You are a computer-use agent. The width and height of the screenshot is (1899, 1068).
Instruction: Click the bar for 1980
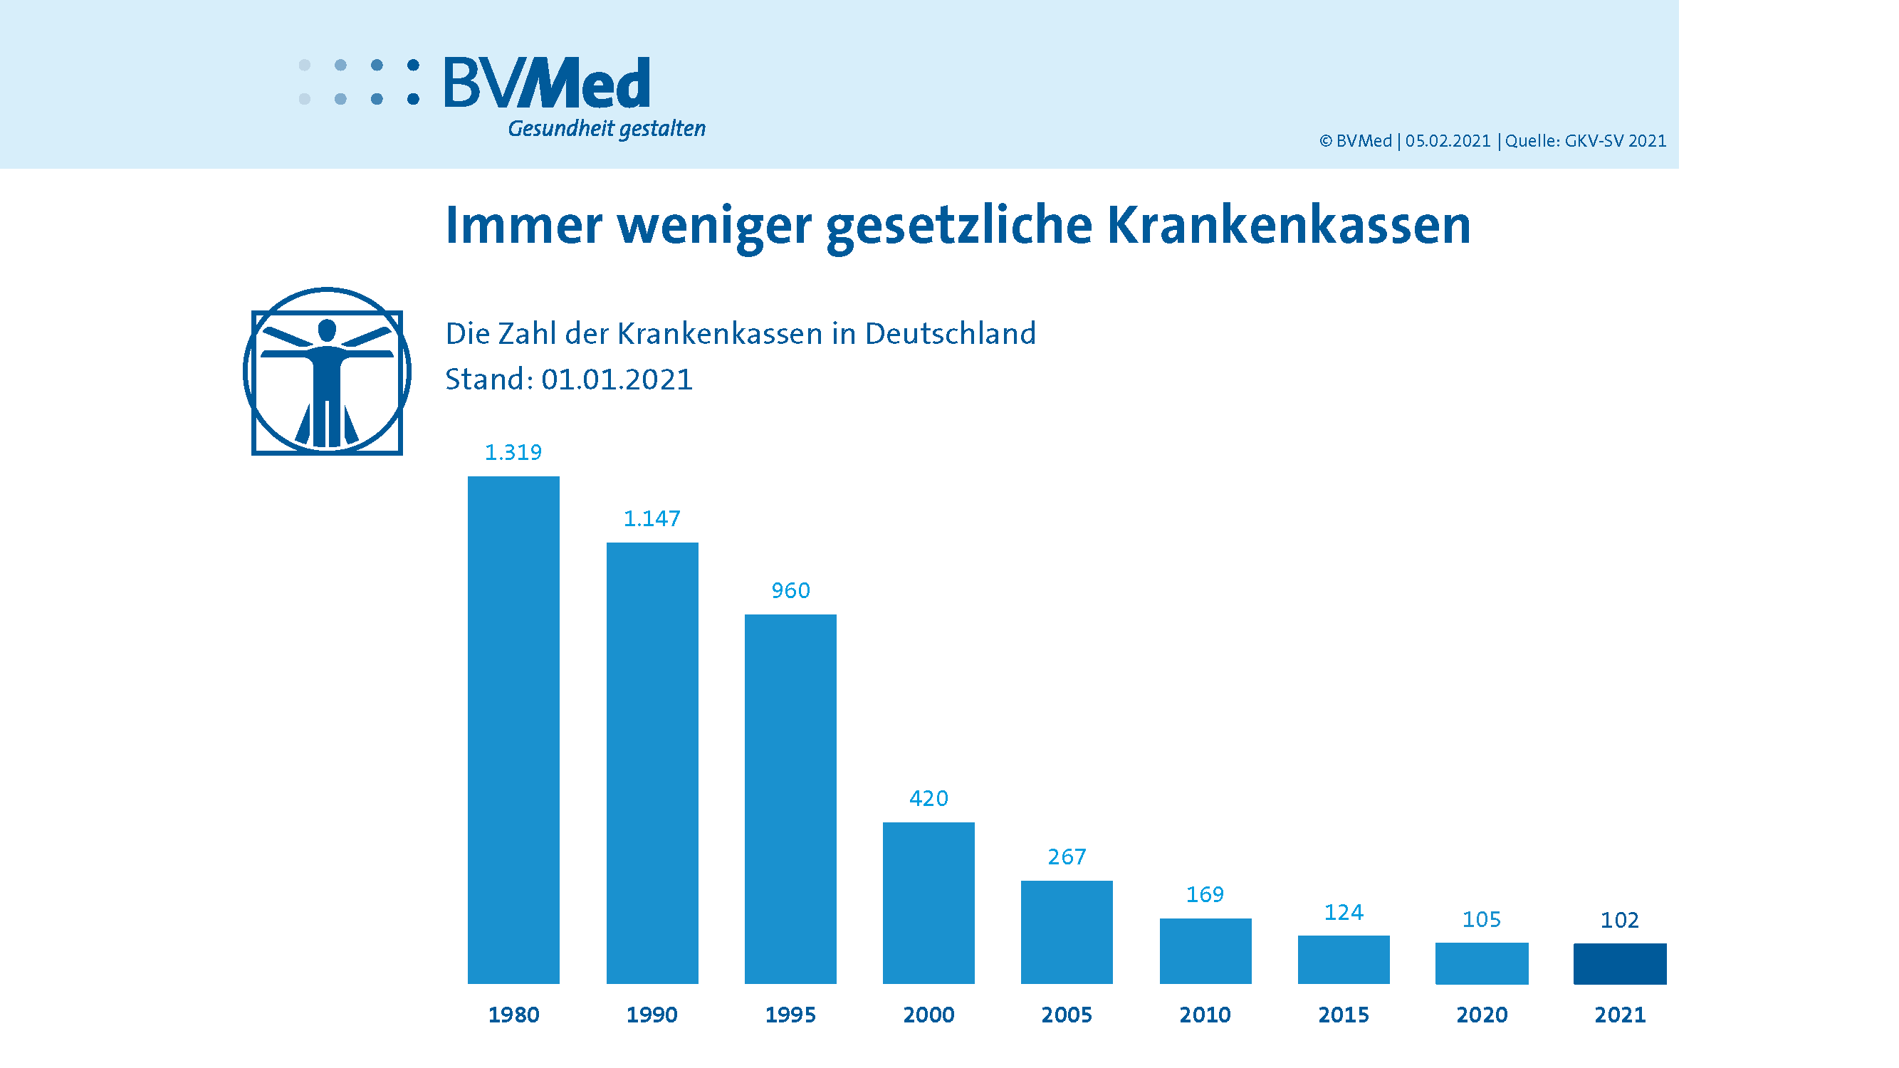pos(513,730)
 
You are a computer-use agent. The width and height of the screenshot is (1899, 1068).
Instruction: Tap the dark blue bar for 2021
pos(1620,963)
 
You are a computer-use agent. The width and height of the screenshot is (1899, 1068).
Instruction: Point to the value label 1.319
pos(513,452)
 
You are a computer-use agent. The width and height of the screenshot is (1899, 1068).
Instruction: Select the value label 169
pos(1205,894)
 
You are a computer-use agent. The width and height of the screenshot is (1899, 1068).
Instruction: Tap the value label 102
pos(1619,920)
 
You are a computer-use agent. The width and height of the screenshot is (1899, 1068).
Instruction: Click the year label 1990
pos(652,1015)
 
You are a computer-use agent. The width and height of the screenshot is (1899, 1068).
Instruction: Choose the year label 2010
pos(1205,1015)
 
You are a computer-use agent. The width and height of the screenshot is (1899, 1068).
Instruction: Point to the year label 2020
pos(1482,1015)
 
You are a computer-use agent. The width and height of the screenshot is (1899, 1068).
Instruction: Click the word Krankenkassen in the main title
pos(1288,225)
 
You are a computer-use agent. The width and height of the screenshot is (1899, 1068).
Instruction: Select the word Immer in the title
pos(524,225)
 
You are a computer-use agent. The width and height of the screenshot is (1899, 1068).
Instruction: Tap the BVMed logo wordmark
pos(547,83)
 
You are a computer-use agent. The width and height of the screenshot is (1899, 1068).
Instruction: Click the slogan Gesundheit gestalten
pos(606,129)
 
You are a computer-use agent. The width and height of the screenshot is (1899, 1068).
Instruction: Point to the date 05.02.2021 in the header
pos(1448,141)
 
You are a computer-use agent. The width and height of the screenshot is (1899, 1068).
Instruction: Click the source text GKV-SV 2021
pos(1614,141)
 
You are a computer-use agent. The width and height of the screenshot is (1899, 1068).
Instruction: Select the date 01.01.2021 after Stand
pos(617,379)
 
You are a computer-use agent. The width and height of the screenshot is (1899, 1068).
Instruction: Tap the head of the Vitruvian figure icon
pos(327,330)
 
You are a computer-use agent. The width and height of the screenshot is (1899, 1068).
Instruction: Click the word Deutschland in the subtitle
pos(951,334)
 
